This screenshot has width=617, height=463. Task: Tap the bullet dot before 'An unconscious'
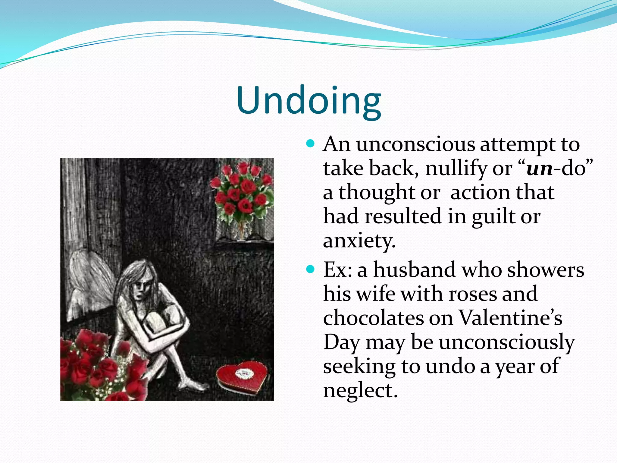(310, 143)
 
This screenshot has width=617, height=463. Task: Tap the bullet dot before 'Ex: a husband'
(310, 269)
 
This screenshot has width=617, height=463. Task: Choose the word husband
(414, 270)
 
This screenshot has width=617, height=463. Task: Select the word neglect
(360, 391)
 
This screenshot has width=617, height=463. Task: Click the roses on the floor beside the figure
(96, 368)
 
